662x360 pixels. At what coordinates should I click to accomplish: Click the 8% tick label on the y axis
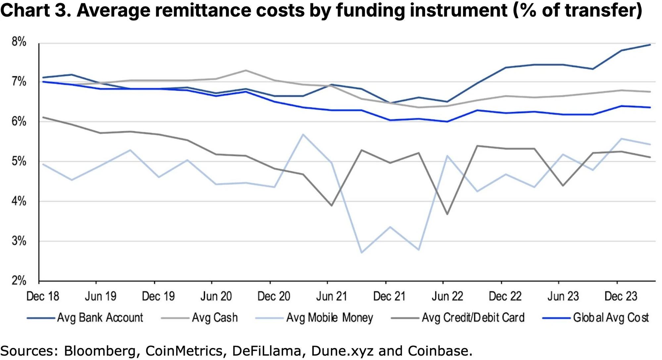(19, 42)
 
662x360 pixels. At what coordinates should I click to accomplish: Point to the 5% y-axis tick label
(19, 162)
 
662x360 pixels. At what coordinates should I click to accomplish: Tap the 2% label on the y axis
(19, 281)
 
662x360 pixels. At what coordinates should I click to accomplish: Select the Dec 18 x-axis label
(43, 296)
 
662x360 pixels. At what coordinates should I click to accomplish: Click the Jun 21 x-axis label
(332, 296)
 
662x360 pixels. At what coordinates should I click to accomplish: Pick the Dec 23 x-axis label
(621, 296)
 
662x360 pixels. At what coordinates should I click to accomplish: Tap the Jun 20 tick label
(216, 296)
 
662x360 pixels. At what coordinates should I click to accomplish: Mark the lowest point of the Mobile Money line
(361, 253)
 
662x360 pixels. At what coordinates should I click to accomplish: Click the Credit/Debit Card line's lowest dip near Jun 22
(448, 214)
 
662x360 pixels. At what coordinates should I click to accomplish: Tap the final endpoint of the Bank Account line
(650, 45)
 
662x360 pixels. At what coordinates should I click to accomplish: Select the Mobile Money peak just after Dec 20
(303, 134)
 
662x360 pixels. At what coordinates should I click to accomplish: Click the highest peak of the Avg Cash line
(245, 70)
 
